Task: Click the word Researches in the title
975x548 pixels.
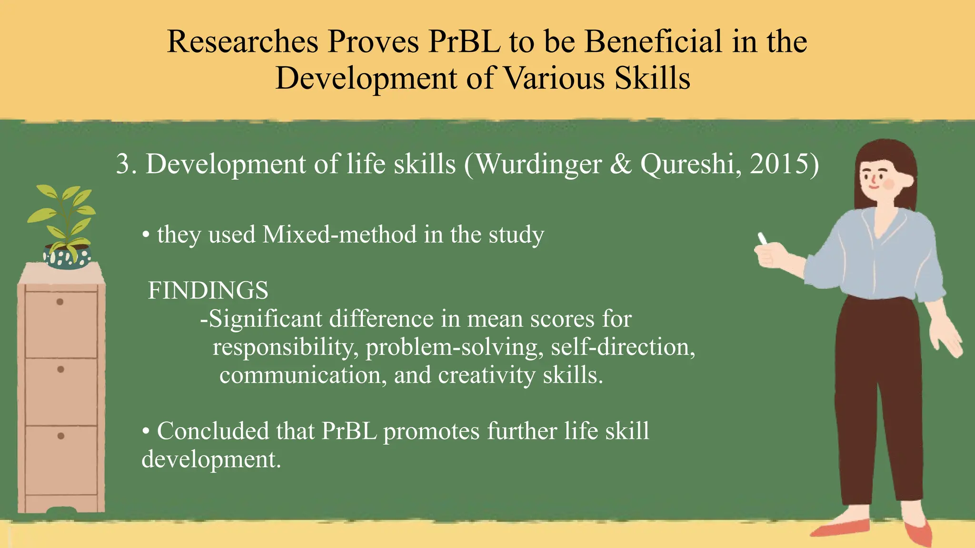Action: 242,42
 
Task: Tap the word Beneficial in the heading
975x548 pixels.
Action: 654,42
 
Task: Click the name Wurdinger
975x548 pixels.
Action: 538,165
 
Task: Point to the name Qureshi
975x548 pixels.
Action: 686,165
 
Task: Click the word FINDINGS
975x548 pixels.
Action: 208,291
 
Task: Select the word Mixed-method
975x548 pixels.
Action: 339,235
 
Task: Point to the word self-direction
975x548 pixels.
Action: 622,347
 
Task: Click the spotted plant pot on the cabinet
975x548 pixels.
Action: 67,257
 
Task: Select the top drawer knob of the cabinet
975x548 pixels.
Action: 60,302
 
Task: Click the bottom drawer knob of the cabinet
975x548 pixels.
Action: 60,436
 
